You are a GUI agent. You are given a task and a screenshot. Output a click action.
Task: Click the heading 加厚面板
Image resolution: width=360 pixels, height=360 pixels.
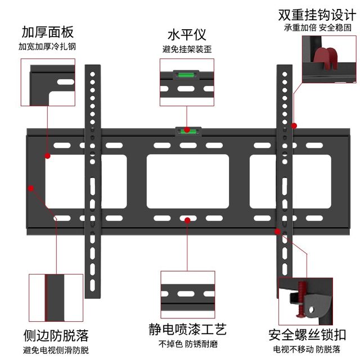pyautogui.click(x=48, y=31)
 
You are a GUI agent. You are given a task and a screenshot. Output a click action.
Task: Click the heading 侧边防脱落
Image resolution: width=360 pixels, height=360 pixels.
pyautogui.click(x=56, y=336)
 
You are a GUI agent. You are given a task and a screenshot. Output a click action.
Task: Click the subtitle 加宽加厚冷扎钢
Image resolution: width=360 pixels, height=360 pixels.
pyautogui.click(x=47, y=46)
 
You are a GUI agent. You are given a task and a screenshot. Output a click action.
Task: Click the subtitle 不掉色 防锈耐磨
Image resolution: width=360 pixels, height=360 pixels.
pyautogui.click(x=187, y=344)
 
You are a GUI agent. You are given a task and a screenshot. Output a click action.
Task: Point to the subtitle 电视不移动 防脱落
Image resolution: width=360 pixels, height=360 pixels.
pyautogui.click(x=310, y=349)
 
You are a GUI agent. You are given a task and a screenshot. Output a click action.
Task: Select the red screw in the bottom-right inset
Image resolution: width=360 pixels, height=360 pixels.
pyautogui.click(x=303, y=300)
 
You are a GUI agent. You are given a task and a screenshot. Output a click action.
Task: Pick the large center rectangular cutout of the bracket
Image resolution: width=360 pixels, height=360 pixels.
pyautogui.click(x=187, y=180)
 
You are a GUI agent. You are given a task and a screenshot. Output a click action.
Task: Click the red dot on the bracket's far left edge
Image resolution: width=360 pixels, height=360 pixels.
pyautogui.click(x=31, y=188)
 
